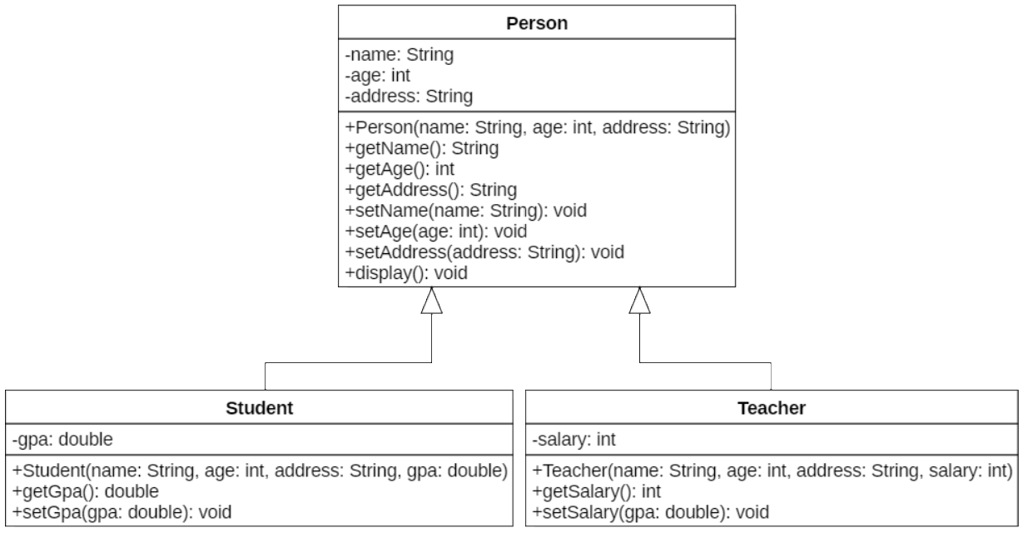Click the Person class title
(537, 22)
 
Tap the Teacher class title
(771, 408)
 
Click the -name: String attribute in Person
(400, 57)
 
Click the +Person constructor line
(537, 129)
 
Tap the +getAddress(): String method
(430, 189)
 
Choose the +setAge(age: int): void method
(435, 231)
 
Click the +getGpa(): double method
(86, 491)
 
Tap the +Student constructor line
(260, 471)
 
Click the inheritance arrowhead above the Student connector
(431, 301)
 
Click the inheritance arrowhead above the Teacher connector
(639, 301)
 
